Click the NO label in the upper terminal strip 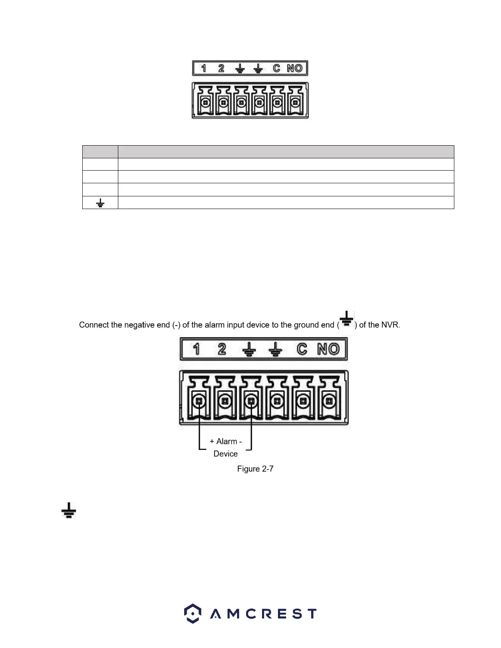295,68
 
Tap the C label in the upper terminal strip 277,68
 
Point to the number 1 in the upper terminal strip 203,68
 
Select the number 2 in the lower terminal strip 222,349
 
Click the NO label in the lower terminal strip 328,349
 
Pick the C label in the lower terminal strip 302,349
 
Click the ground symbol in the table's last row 100,203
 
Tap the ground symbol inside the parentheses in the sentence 347,319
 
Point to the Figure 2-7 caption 255,469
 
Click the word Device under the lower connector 226,454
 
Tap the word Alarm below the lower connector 226,441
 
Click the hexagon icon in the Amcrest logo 192,613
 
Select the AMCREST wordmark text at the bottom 263,614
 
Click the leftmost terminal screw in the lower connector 199,401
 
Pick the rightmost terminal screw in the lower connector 329,401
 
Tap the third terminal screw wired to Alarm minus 251,401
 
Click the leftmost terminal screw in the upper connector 205,102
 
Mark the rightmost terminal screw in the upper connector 295,102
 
